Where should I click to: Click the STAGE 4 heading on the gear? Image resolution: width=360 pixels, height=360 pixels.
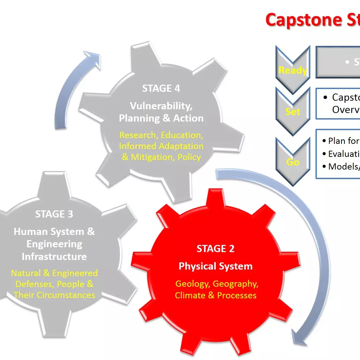[161, 88]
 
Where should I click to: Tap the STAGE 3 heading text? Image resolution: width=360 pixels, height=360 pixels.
[54, 214]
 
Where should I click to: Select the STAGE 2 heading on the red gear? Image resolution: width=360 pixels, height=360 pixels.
[215, 249]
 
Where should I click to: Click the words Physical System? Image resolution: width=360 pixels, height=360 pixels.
[215, 266]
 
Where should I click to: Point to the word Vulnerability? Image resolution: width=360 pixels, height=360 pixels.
[161, 106]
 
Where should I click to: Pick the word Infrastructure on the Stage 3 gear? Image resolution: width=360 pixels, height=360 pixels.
[54, 257]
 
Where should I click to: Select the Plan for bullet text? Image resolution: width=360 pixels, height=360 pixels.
[341, 141]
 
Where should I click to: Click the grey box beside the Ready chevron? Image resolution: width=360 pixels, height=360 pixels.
[338, 62]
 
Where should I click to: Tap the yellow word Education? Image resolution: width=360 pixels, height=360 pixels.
[182, 135]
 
